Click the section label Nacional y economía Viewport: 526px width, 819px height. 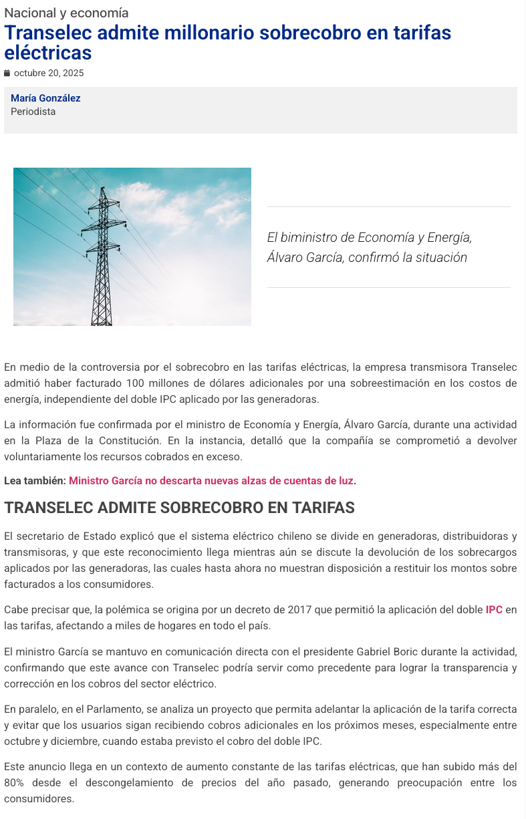(x=66, y=13)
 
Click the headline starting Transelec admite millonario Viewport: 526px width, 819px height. (x=227, y=42)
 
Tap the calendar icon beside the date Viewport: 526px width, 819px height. (x=7, y=73)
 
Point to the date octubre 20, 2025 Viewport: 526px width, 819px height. (x=49, y=73)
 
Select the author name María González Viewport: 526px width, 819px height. (x=45, y=98)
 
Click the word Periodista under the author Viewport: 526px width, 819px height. (x=33, y=112)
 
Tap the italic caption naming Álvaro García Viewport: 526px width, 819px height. (x=369, y=247)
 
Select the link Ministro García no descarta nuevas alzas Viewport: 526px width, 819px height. (x=211, y=480)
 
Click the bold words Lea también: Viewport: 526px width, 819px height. (x=35, y=480)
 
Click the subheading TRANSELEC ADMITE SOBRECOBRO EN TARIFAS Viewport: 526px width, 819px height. (x=179, y=508)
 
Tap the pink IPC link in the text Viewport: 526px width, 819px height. (x=494, y=609)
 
